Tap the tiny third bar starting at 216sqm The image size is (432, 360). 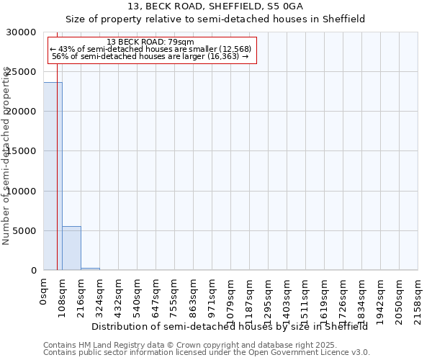coord(90,269)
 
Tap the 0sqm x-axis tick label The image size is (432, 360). coord(44,291)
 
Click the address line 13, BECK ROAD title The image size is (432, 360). coord(215,6)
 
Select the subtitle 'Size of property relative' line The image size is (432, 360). coord(215,19)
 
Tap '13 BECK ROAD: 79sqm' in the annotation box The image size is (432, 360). coord(150,42)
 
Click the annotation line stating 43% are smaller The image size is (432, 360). coord(150,49)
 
